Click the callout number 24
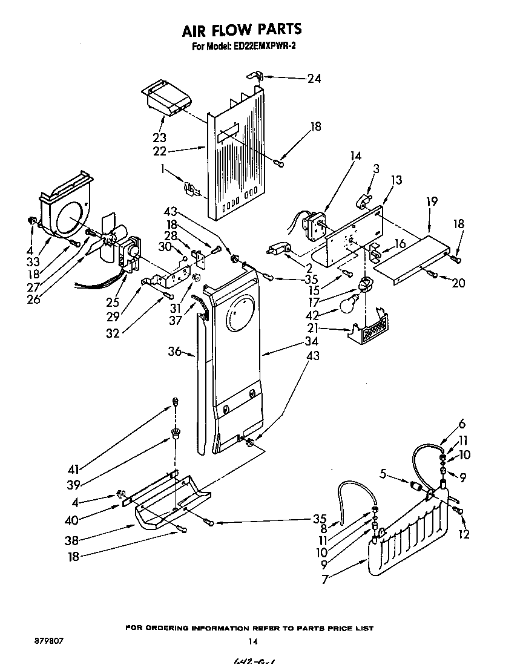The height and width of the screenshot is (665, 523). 314,78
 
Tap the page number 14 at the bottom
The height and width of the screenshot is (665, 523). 253,641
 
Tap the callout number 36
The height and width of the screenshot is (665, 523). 174,352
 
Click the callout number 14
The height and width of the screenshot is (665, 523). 355,156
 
